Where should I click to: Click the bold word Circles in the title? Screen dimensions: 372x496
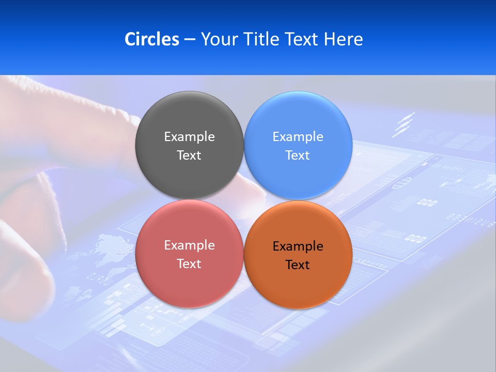(152, 39)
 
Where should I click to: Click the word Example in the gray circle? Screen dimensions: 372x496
(189, 137)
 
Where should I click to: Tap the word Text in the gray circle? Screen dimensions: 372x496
(189, 156)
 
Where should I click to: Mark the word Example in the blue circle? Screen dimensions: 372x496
(298, 137)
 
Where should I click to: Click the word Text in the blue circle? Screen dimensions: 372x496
(298, 156)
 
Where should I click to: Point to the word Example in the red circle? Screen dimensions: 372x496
(189, 245)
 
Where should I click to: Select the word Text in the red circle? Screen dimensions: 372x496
(189, 264)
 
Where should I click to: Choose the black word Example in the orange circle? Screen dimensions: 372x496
(298, 246)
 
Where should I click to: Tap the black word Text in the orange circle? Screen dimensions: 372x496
(298, 265)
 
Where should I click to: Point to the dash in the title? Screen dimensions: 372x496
(190, 40)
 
